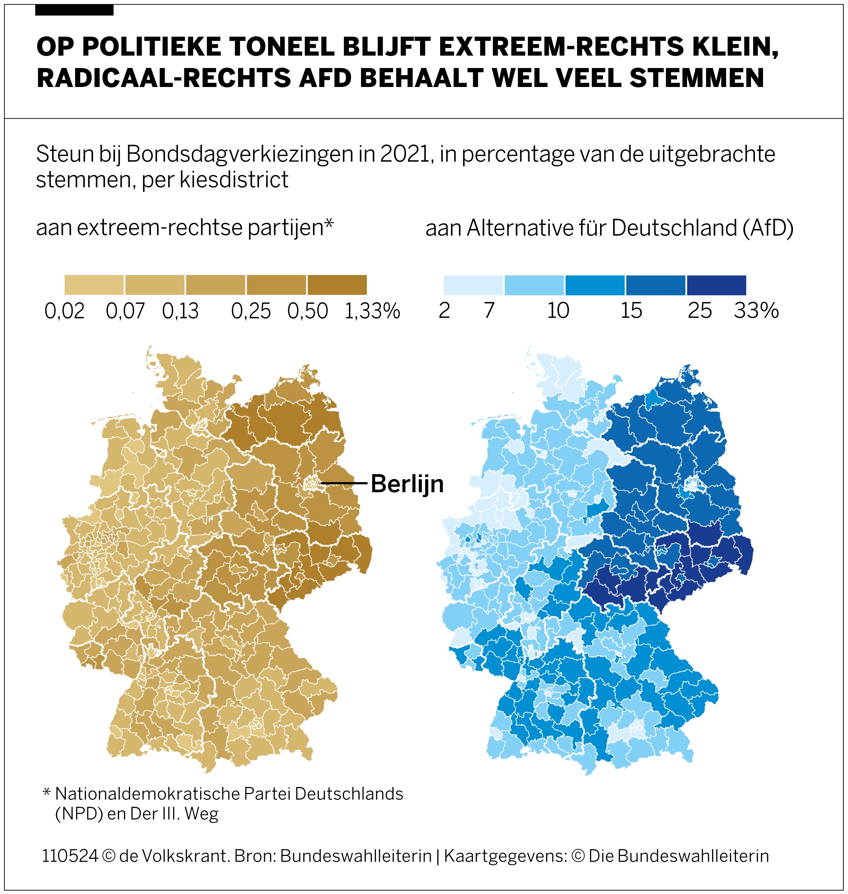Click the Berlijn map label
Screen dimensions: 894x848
click(407, 484)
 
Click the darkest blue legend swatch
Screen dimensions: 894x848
click(716, 285)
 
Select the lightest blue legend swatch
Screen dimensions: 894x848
click(473, 285)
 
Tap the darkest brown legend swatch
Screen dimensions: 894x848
click(337, 285)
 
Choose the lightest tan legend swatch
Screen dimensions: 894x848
click(94, 285)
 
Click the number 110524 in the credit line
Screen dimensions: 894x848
click(70, 856)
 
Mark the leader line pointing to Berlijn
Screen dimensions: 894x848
click(344, 483)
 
